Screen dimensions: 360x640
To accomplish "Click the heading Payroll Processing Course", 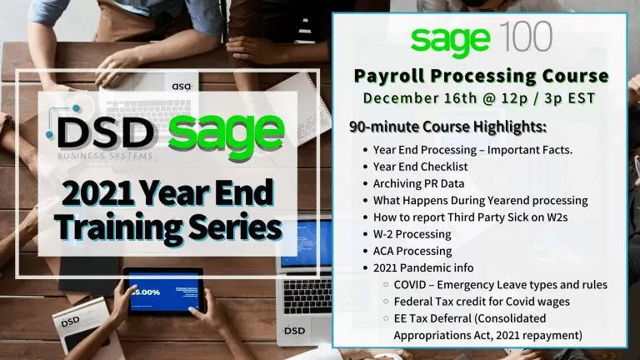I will pyautogui.click(x=482, y=77).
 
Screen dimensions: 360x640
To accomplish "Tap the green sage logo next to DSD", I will pyautogui.click(x=226, y=132).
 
